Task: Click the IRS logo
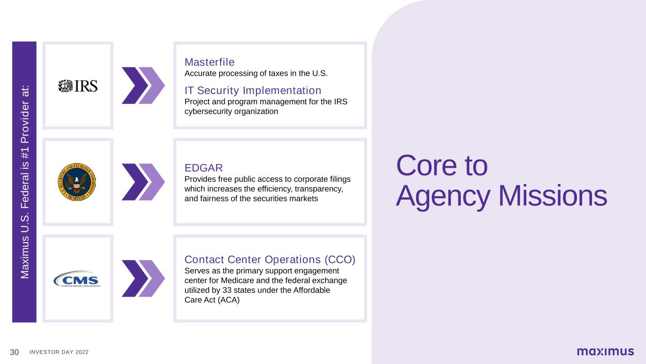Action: point(78,86)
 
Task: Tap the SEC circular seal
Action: point(77,182)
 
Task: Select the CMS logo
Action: point(77,279)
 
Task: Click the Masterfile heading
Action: point(209,62)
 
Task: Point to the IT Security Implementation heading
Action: point(253,91)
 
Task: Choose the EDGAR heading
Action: point(204,168)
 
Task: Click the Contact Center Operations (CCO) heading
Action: point(270,260)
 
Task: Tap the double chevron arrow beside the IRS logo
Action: point(143,85)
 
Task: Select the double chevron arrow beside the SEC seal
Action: point(143,182)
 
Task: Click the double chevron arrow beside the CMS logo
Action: point(143,279)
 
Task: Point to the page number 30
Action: point(14,352)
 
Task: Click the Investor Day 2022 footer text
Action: point(59,352)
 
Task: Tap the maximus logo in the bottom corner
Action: point(605,351)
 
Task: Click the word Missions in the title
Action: point(553,196)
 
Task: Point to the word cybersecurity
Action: point(208,111)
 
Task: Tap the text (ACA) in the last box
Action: point(229,300)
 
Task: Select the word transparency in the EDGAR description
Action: point(319,189)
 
